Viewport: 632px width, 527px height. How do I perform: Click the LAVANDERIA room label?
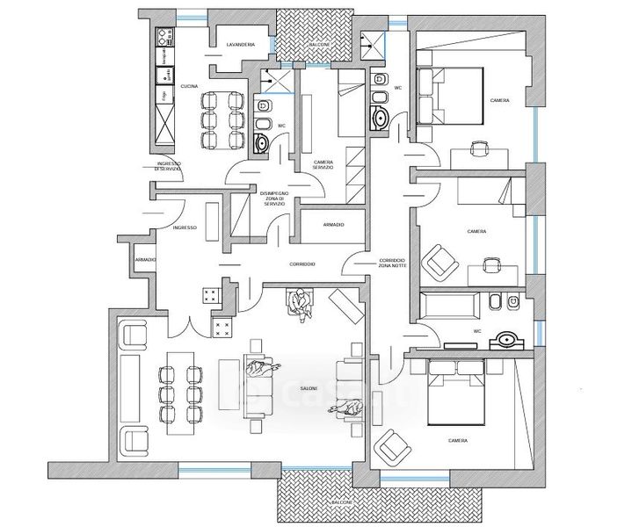240,44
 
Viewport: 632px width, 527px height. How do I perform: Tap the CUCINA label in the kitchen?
189,86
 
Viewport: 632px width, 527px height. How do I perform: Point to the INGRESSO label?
185,227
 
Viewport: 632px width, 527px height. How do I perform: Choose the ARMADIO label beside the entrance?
146,261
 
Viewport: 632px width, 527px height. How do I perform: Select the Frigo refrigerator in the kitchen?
163,95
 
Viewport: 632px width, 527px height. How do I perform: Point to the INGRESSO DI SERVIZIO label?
169,166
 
